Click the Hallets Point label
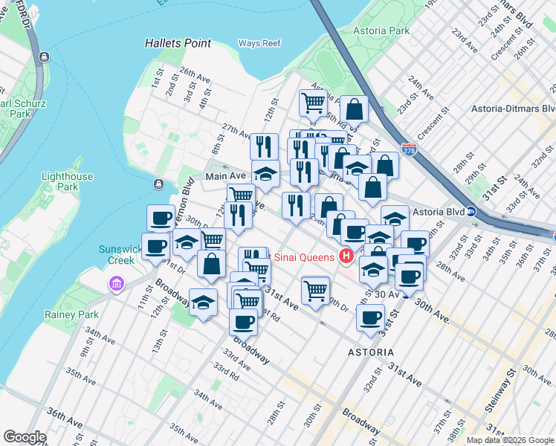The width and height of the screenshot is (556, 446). point(178,44)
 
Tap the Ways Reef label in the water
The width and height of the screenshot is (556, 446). point(259,43)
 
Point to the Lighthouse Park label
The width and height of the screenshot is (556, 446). point(68,181)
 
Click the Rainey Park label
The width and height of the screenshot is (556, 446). point(76,314)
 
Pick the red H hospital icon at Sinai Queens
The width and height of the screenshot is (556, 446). point(346,257)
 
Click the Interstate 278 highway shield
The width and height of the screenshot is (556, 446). point(409,149)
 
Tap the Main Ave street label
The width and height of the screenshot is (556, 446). point(226,176)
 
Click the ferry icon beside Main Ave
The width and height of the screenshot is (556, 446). point(158,184)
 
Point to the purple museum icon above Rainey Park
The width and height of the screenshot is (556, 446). point(114,283)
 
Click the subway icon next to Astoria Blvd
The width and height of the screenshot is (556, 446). point(471,211)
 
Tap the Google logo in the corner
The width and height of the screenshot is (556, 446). point(25,437)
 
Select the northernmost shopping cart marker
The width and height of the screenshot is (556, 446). point(313,102)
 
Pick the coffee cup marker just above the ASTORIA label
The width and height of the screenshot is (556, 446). point(370,317)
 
